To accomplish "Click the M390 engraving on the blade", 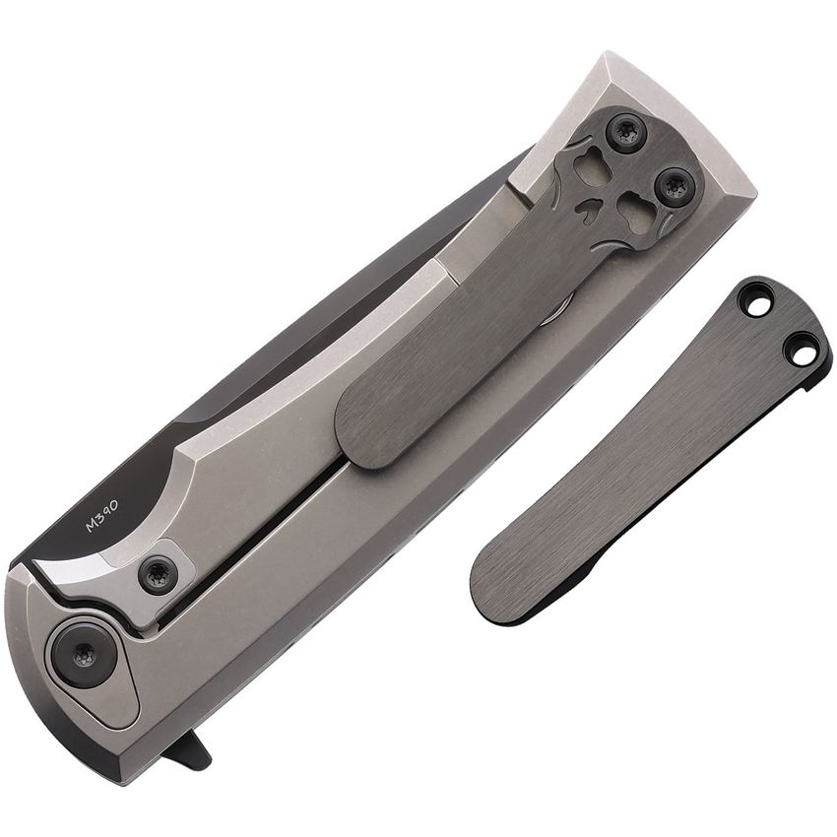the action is point(102,516).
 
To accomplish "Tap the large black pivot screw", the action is point(84,655).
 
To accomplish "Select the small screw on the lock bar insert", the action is point(157,574).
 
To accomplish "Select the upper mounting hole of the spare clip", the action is point(758,306).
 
